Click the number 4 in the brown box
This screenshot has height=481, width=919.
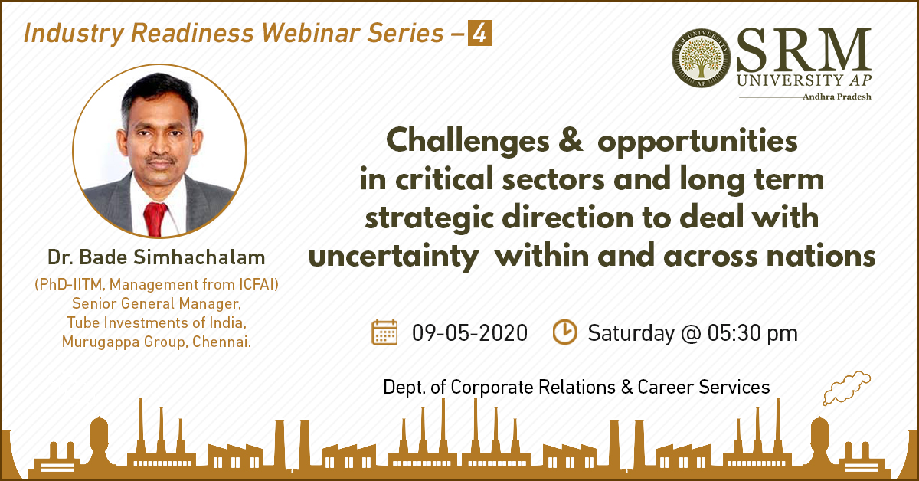[480, 33]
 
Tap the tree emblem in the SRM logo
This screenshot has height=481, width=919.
[702, 58]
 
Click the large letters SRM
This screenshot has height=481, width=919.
[803, 49]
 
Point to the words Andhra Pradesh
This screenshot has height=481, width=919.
[837, 97]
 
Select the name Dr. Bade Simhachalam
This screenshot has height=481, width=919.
[156, 257]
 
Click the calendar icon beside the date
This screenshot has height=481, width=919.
[384, 332]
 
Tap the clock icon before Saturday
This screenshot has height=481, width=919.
[564, 332]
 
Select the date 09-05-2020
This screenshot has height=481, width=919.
[469, 333]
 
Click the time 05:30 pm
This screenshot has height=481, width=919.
[752, 333]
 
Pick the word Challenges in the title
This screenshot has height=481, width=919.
[468, 141]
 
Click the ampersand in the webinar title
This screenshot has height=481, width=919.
[571, 140]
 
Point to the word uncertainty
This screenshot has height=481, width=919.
[394, 256]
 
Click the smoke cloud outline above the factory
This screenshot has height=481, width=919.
[846, 388]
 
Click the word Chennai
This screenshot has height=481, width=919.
[221, 342]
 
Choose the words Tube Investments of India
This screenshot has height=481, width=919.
[157, 322]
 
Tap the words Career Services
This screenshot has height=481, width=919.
[704, 387]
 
